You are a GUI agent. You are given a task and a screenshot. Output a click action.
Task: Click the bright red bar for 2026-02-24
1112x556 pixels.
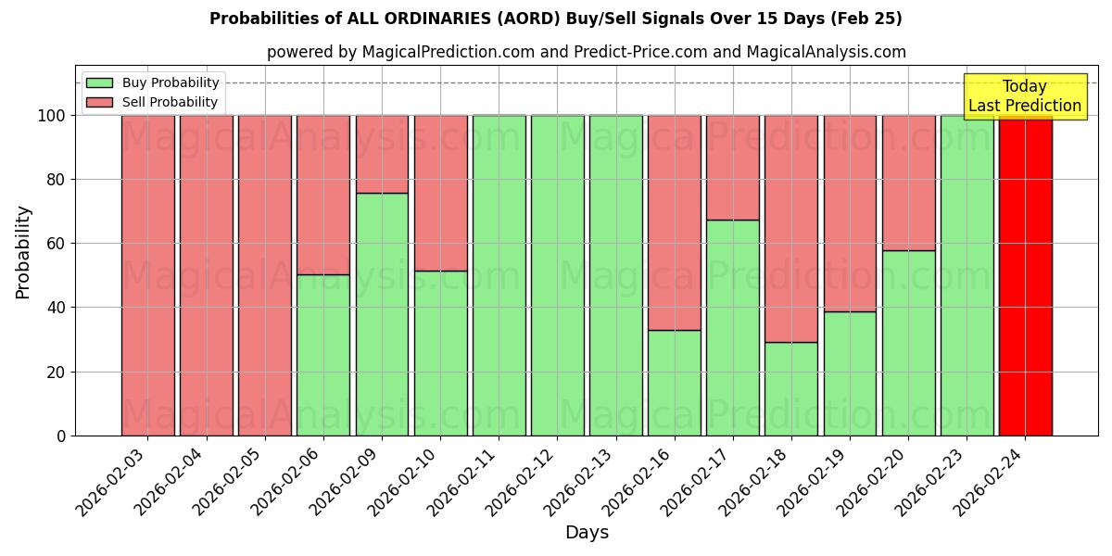tap(1025, 275)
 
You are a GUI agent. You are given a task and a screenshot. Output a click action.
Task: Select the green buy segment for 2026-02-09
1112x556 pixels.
tap(382, 314)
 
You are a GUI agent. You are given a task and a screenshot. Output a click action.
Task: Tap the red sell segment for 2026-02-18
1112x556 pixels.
tap(791, 229)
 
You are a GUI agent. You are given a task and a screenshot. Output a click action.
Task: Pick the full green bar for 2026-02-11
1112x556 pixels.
tap(499, 275)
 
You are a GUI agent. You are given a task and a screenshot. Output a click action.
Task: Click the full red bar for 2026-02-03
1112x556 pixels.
tap(147, 275)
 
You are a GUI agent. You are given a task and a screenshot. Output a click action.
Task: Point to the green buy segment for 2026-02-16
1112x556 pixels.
tap(675, 383)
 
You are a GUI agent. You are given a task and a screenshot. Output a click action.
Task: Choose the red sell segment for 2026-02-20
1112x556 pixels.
tap(908, 183)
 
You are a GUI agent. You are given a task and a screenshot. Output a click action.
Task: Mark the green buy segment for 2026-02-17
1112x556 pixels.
tap(733, 327)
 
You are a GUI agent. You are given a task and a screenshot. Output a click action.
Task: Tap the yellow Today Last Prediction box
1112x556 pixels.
tap(1024, 96)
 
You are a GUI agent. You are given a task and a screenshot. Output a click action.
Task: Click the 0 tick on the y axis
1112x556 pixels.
tap(61, 436)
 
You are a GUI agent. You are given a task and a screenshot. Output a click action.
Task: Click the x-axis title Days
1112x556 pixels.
tap(587, 533)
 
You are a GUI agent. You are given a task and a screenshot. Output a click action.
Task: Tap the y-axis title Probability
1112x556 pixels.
tap(23, 251)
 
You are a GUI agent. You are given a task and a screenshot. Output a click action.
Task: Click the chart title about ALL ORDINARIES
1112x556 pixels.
tap(555, 19)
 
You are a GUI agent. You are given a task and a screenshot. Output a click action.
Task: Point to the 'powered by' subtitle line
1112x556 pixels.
tap(586, 52)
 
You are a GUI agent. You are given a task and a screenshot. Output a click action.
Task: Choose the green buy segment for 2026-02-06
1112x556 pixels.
tap(323, 355)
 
